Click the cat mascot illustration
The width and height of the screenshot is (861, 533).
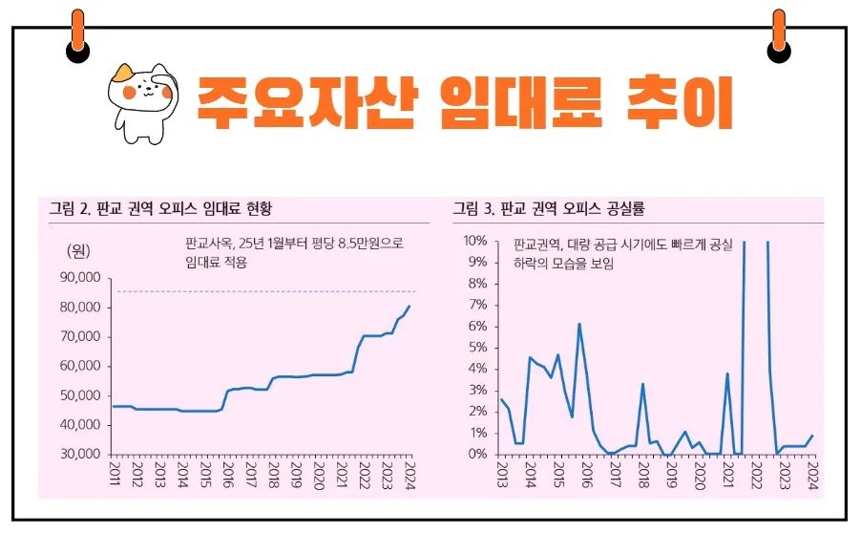click(139, 100)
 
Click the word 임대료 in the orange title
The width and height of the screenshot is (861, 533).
click(522, 100)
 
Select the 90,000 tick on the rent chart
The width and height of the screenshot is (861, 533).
click(80, 278)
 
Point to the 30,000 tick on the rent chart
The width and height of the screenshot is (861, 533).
click(80, 454)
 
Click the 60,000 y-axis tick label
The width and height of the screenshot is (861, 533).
click(80, 366)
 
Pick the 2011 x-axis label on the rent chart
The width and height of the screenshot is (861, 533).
click(115, 474)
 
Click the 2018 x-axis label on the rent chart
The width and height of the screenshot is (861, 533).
click(274, 474)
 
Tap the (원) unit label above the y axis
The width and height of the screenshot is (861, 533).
click(77, 251)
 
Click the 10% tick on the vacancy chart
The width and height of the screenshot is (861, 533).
click(476, 241)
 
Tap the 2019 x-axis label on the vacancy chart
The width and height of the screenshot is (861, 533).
click(671, 474)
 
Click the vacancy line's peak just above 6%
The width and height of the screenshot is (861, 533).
click(579, 325)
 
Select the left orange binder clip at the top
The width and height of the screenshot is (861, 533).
click(77, 33)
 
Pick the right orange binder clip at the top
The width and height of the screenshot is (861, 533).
click(779, 33)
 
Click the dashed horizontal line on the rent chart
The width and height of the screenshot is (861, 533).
click(267, 291)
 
